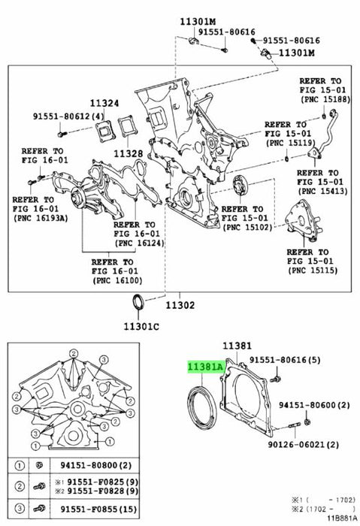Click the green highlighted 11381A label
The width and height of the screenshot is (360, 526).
205,367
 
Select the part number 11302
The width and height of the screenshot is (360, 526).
180,305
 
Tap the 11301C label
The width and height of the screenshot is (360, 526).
141,326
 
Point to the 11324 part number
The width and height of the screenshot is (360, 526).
104,103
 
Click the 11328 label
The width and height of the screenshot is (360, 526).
129,153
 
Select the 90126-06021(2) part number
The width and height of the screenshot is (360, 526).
304,445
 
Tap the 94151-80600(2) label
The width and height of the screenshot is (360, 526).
314,405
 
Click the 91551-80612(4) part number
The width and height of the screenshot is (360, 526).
68,116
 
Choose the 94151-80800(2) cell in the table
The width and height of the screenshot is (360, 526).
95,465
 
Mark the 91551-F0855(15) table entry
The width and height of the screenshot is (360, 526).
98,509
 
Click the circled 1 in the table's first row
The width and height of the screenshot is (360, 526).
20,466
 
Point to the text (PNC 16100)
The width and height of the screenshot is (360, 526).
117,280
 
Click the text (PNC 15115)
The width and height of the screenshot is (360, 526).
313,270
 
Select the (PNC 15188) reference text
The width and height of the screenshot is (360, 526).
325,99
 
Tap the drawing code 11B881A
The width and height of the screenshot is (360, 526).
341,518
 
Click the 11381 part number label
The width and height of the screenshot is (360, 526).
237,346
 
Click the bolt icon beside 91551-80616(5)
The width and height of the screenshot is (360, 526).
276,379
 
